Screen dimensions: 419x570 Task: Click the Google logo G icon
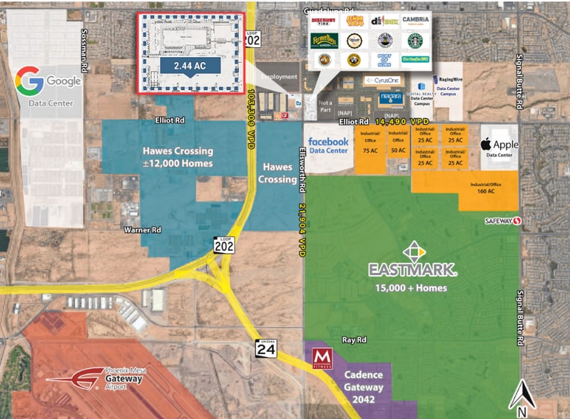point(29,81)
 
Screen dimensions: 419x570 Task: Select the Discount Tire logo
point(325,21)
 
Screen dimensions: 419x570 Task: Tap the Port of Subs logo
point(385,60)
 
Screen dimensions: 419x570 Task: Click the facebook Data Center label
point(328,146)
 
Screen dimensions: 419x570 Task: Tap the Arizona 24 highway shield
point(265,348)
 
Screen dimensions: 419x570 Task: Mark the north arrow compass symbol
point(523,396)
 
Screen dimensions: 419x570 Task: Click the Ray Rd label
point(353,341)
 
